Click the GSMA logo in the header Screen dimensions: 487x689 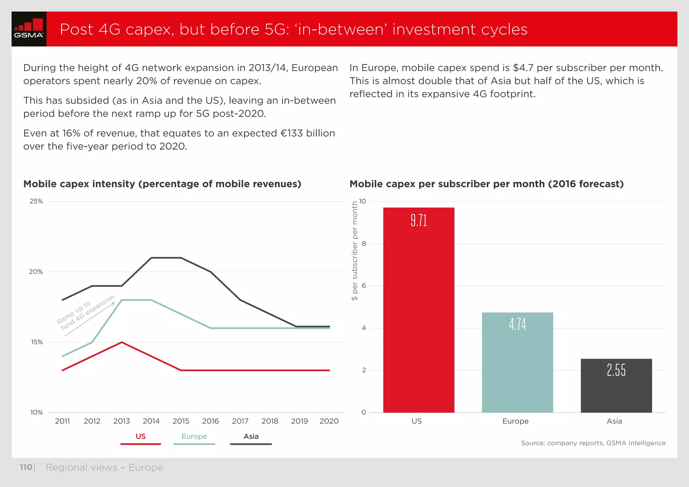point(29,29)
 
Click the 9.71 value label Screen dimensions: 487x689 point(419,221)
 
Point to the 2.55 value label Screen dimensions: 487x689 point(616,370)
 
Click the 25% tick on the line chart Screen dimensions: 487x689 point(36,201)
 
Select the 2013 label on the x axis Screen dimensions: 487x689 point(121,421)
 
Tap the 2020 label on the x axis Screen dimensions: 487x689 point(329,421)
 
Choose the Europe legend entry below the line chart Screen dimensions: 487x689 point(194,437)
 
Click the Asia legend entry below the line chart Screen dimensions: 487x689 point(251,437)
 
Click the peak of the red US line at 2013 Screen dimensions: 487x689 point(121,342)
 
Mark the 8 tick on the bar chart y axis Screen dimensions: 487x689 point(364,243)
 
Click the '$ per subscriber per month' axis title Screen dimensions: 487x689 point(354,251)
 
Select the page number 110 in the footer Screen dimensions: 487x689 point(26,467)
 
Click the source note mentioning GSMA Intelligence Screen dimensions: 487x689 point(593,443)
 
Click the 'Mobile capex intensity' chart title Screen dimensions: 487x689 point(162,184)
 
